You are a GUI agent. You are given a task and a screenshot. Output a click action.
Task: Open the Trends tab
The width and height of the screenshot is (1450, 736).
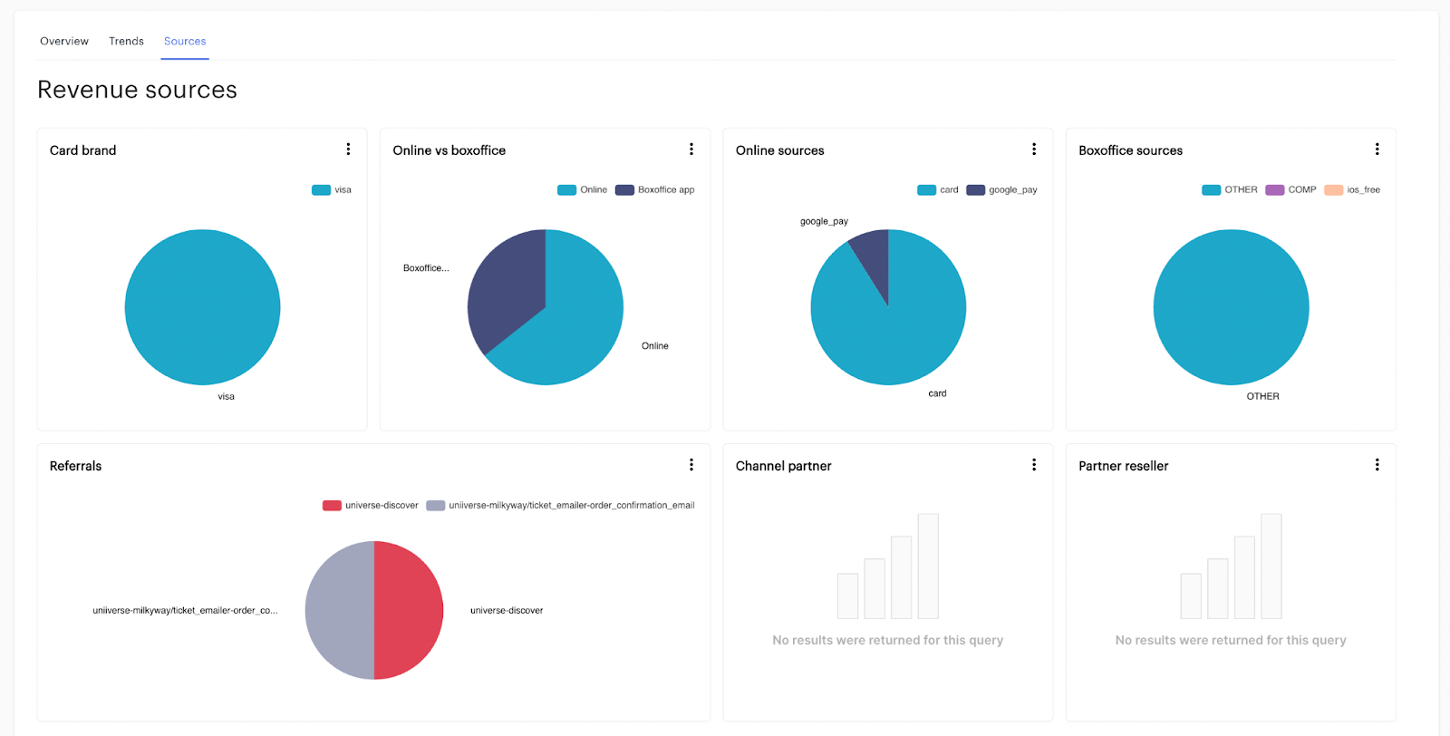coord(126,42)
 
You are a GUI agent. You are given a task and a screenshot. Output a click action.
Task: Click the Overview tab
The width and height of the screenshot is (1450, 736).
coord(64,42)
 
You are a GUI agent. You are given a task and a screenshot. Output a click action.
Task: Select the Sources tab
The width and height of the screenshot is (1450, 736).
coord(185,42)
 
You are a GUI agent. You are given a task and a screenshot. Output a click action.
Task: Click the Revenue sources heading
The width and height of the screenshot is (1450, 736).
coord(137,90)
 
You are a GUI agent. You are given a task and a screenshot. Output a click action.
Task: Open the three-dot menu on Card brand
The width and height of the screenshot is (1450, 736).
coord(348,150)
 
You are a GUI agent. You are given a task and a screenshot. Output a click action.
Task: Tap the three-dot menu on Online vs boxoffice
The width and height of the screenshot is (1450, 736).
coord(691,150)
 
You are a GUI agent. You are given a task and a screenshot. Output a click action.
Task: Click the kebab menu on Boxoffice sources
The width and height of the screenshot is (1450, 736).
coord(1377,150)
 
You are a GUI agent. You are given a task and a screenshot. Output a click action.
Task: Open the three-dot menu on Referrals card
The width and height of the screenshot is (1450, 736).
coord(691,465)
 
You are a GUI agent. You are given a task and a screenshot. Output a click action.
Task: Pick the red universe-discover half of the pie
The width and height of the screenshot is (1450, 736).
coord(408,610)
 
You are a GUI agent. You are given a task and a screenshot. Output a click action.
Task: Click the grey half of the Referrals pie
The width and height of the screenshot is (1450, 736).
coord(340,610)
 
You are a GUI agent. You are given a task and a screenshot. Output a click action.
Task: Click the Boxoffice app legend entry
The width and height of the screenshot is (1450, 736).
coord(655,190)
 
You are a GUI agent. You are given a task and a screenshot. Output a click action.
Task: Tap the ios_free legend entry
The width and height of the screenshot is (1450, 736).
coord(1353,190)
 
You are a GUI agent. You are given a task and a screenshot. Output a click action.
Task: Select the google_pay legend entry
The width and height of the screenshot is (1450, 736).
coord(1002,190)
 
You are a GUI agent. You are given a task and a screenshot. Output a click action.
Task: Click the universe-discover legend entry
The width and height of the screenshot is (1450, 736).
coord(371,506)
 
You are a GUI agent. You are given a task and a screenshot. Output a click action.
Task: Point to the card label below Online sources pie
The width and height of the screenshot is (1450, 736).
coord(937,393)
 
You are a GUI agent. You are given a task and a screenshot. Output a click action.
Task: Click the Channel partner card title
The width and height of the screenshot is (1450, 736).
coord(783,466)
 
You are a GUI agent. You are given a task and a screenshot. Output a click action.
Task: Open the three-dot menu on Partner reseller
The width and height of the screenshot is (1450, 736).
coord(1377,465)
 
